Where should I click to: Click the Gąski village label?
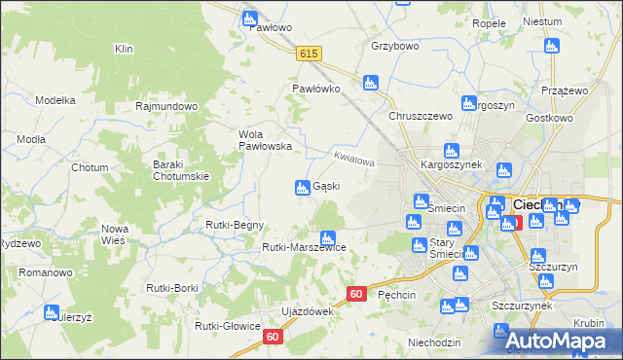[x=325, y=187]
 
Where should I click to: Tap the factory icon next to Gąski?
[x=303, y=187]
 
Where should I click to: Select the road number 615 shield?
[x=310, y=54]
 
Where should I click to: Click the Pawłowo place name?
[x=271, y=27]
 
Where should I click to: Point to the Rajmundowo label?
[x=167, y=106]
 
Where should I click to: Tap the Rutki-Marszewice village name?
[x=304, y=247]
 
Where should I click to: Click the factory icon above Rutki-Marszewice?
[x=328, y=236]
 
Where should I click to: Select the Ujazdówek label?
[x=307, y=311]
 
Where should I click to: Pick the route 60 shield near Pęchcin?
[x=356, y=294]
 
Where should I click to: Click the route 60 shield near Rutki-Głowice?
[x=273, y=337]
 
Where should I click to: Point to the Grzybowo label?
[x=394, y=46]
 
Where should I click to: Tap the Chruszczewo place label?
[x=421, y=116]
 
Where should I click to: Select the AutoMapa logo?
[x=556, y=340]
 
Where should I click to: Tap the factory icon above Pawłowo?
[x=250, y=18]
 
